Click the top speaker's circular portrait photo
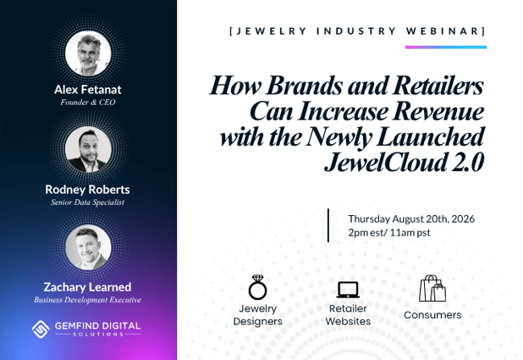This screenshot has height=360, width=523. pyautogui.click(x=88, y=53)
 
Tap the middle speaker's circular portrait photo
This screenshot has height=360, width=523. pyautogui.click(x=88, y=149)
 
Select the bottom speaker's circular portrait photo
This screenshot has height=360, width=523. pyautogui.click(x=88, y=247)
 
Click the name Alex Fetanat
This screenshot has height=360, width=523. pyautogui.click(x=88, y=90)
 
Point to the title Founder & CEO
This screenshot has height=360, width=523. pyautogui.click(x=88, y=102)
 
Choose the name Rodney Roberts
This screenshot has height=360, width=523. pyautogui.click(x=87, y=190)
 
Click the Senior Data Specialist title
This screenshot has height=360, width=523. pyautogui.click(x=87, y=202)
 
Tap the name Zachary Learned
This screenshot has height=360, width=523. pyautogui.click(x=87, y=287)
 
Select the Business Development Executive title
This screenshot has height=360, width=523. pyautogui.click(x=87, y=300)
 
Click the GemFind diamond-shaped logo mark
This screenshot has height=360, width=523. pyautogui.click(x=41, y=329)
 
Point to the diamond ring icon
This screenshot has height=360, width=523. pyautogui.click(x=257, y=287)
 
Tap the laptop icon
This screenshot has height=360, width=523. pyautogui.click(x=348, y=290)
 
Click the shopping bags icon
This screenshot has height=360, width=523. pyautogui.click(x=432, y=288)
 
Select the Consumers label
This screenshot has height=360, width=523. pyautogui.click(x=432, y=315)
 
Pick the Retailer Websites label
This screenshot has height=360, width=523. pyautogui.click(x=348, y=315)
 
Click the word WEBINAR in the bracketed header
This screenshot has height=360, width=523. pyautogui.click(x=443, y=31)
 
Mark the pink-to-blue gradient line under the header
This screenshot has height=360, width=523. pyautogui.click(x=446, y=47)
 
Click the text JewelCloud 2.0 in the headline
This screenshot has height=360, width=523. pyautogui.click(x=404, y=163)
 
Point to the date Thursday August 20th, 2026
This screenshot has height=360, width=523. pyautogui.click(x=411, y=219)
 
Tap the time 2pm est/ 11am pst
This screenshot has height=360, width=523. pyautogui.click(x=389, y=232)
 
